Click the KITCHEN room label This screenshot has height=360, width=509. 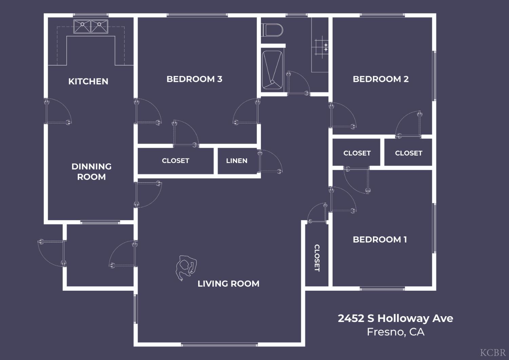point(88,82)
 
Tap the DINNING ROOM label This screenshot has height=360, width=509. point(91,172)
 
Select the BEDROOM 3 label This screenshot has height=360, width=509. point(194,79)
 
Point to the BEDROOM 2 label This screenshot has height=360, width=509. point(380,79)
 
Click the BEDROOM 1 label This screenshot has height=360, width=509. point(380,239)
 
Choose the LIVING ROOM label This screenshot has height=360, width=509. point(228,284)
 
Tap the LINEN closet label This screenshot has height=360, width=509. point(237,161)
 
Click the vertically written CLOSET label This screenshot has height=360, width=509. point(317,258)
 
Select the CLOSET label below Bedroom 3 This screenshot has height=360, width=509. point(175,161)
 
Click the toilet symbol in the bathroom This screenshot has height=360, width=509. point(273,30)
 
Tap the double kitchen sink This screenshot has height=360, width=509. point(91,26)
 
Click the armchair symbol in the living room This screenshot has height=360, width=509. point(186,267)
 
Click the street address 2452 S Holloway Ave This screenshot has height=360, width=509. point(395,318)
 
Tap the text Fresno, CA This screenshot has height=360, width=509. point(395,332)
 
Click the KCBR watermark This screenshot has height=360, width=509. point(492,352)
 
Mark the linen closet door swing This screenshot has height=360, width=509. point(270,162)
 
